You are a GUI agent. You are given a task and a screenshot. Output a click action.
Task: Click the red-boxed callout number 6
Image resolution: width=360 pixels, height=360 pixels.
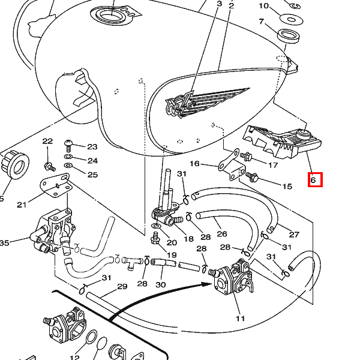coord(313,180)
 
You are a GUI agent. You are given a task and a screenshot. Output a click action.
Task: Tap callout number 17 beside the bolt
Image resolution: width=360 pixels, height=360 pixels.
coord(273,165)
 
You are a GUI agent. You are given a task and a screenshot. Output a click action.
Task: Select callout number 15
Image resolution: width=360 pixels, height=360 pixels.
coord(287,186)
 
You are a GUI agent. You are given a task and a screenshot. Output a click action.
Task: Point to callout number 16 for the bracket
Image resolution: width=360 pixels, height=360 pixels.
coord(194,164)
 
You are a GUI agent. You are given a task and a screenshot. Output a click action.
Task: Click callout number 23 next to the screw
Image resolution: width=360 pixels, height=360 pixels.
coord(92,147)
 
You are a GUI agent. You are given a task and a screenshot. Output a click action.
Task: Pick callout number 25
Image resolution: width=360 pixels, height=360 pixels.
coord(93,175)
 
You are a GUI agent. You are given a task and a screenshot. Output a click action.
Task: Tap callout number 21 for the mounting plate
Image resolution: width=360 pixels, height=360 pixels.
coord(22,205)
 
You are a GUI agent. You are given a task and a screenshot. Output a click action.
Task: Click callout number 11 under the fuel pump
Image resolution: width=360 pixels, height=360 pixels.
coord(240,319)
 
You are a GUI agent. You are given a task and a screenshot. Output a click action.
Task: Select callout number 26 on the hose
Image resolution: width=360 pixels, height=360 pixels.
coord(222,234)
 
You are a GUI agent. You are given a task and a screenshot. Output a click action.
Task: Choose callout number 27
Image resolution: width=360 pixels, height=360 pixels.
coord(294,235)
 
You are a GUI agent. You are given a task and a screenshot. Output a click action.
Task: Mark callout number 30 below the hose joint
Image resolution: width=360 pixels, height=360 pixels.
coord(160,285)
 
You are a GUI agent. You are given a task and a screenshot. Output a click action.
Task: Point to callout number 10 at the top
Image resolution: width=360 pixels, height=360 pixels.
coord(264,6)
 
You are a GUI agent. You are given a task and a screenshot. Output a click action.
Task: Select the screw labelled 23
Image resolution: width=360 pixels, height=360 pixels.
coord(68,146)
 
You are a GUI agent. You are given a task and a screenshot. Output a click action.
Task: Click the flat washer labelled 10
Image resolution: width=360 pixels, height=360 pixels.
coord(291,19)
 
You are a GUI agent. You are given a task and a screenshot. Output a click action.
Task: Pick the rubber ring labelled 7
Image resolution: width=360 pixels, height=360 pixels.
coord(289,36)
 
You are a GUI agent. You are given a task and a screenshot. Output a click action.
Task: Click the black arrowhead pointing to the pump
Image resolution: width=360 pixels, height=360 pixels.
coord(206,284)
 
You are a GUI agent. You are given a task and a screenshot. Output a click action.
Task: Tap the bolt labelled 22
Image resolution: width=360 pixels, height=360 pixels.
coord(50,167)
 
